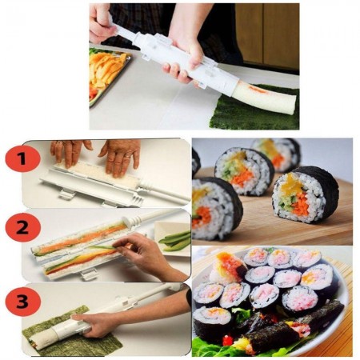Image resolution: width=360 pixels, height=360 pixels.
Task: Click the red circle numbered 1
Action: click(22, 159)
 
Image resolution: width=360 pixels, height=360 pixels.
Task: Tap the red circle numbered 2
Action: click(22, 228)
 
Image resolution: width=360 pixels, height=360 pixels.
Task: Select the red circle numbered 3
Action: click(22, 302)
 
